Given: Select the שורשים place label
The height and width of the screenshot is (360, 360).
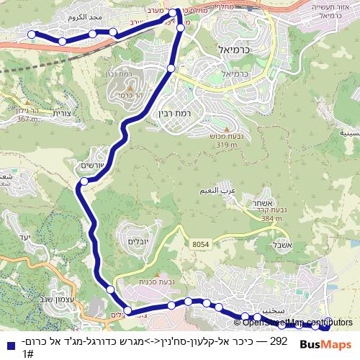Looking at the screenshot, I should pyautogui.click(x=94, y=165).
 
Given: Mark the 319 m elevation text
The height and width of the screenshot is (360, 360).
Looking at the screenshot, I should pyautogui.click(x=220, y=145).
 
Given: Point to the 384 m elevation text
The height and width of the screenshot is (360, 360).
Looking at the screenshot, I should pyautogui.click(x=271, y=218).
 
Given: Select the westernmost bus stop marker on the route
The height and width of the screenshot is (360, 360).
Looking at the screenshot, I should pyautogui.click(x=32, y=35).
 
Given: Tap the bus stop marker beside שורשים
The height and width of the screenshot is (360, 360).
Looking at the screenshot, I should pyautogui.click(x=84, y=181).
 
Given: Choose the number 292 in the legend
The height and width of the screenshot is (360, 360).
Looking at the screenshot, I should pyautogui.click(x=278, y=341).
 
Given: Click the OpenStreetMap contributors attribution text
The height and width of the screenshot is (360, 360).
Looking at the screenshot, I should pyautogui.click(x=292, y=323).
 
